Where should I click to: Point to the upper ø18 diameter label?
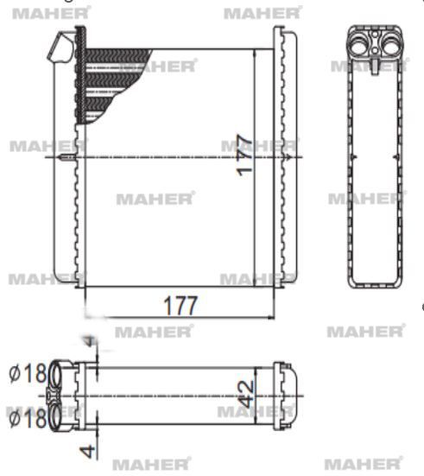tap(25, 374)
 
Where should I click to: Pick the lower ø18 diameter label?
tap(25, 420)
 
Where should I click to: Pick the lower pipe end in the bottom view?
tap(62, 416)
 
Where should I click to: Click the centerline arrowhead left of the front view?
tap(70, 158)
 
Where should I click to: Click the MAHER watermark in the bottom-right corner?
tap(364, 464)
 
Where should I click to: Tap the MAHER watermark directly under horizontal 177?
tap(153, 331)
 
